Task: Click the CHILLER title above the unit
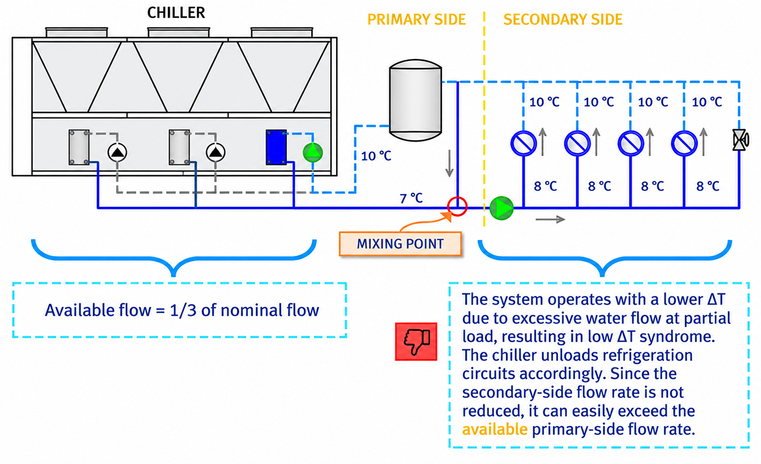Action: pos(176,13)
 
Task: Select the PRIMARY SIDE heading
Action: pos(416,20)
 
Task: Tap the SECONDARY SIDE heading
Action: pos(563,20)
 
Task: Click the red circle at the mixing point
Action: pos(457,206)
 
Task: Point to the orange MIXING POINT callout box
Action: pos(400,244)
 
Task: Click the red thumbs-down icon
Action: pos(416,341)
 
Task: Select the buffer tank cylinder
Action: pos(415,100)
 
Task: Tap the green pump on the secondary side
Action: pos(502,208)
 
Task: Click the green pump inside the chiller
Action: pos(313,152)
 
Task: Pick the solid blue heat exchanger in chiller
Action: pos(276,147)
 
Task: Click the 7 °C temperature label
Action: pos(411,198)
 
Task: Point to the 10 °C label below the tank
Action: pos(376,156)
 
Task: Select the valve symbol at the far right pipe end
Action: pos(740,140)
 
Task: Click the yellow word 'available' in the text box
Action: pos(495,429)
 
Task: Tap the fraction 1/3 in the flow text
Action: pos(183,310)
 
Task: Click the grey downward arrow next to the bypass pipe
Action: pos(450,164)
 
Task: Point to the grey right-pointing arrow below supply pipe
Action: pos(550,220)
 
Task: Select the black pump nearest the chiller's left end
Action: pos(117,152)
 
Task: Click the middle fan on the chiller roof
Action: pos(179,32)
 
